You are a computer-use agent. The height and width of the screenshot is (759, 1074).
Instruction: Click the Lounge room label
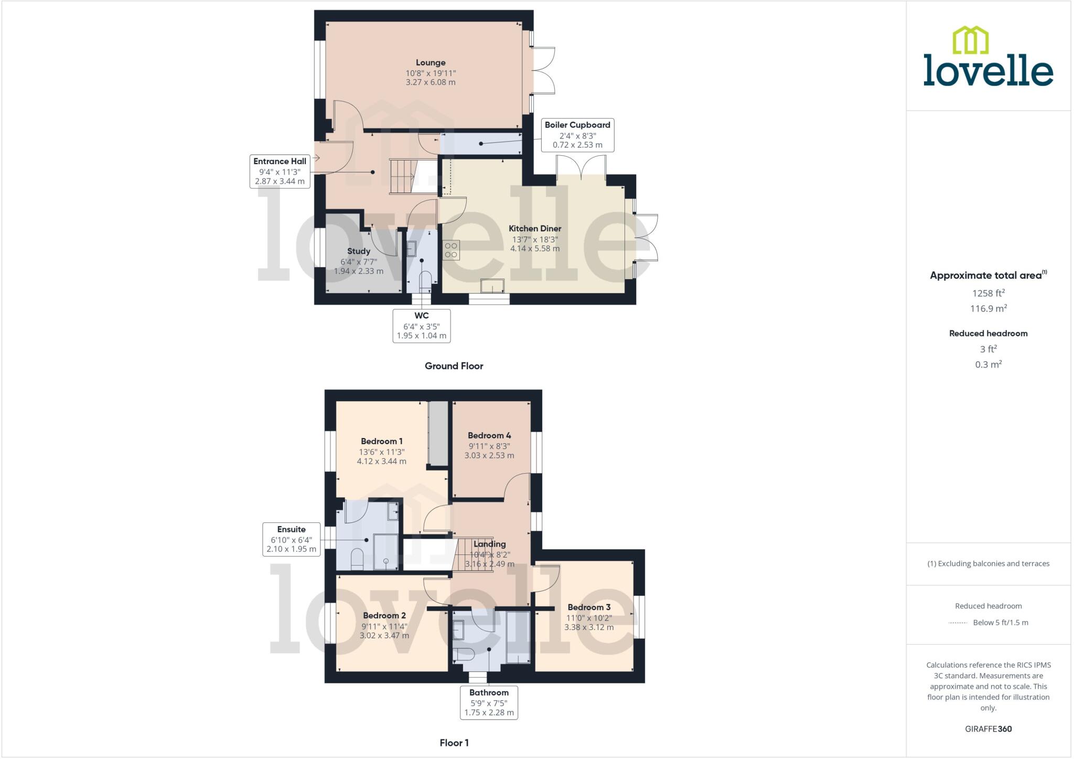[431, 62]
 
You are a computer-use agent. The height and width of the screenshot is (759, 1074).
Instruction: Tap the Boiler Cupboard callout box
[577, 135]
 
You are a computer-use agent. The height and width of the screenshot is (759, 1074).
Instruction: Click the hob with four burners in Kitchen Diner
[452, 250]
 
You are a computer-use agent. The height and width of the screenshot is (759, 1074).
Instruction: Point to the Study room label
[359, 251]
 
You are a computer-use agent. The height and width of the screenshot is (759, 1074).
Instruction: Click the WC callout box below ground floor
[421, 325]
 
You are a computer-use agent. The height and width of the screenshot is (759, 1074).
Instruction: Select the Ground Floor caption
[454, 366]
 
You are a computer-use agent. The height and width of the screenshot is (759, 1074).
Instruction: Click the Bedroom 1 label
[382, 441]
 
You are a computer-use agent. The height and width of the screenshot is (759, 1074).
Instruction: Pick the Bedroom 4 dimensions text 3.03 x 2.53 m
[489, 455]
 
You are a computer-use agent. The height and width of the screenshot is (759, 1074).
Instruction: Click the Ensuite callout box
[291, 539]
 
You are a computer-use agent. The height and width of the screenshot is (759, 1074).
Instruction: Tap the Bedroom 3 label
[589, 607]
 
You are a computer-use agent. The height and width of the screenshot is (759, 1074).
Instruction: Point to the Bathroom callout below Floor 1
[489, 702]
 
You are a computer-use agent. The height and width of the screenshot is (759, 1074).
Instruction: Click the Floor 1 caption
[454, 743]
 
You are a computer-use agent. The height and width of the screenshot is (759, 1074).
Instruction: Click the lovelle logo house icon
[970, 40]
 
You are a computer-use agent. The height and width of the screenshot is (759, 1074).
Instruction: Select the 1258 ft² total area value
[988, 293]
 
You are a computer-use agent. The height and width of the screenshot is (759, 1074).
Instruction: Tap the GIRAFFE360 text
[988, 729]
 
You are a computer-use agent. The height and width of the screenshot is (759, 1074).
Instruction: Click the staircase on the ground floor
[403, 177]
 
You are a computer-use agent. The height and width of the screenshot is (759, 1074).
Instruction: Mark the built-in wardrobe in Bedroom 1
[438, 433]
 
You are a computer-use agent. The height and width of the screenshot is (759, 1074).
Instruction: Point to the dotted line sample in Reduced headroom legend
[958, 623]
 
